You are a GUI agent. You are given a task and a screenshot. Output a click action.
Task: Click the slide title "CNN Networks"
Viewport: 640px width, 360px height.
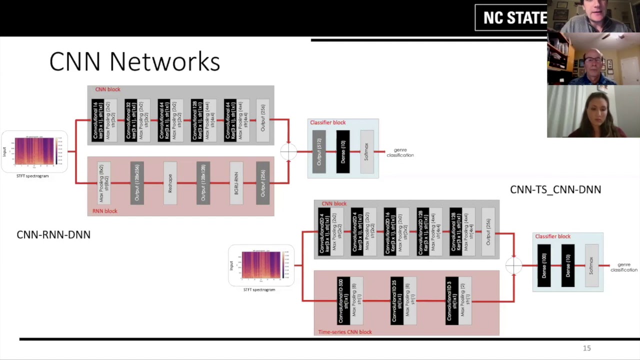pyautogui.click(x=134, y=62)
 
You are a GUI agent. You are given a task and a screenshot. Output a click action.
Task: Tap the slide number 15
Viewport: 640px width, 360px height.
pyautogui.click(x=586, y=348)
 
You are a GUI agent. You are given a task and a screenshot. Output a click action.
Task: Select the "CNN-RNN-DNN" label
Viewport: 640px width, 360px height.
pyautogui.click(x=53, y=234)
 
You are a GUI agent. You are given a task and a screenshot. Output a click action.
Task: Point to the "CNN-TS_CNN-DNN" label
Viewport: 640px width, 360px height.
pyautogui.click(x=555, y=189)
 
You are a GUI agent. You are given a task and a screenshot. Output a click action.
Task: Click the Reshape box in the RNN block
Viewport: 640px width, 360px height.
pyautogui.click(x=170, y=183)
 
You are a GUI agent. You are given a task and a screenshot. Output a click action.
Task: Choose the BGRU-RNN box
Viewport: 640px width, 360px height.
pyautogui.click(x=236, y=183)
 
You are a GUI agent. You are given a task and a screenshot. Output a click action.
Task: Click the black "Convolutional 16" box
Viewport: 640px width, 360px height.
pyautogui.click(x=97, y=120)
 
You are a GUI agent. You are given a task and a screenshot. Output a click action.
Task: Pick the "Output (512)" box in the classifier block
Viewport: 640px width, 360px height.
pyautogui.click(x=319, y=151)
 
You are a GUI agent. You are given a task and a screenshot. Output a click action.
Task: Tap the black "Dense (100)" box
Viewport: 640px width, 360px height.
pyautogui.click(x=544, y=265)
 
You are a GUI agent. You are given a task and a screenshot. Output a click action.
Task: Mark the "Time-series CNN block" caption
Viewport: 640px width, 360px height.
pyautogui.click(x=345, y=332)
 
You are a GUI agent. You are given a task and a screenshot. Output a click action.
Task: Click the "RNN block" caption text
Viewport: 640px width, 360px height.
pyautogui.click(x=104, y=211)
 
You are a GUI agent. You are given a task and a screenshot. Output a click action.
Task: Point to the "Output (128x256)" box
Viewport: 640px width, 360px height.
pyautogui.click(x=137, y=183)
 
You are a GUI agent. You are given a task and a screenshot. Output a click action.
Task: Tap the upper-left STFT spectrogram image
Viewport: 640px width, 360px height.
pyautogui.click(x=34, y=151)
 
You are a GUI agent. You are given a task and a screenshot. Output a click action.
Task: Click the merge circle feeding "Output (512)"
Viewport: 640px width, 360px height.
pyautogui.click(x=288, y=151)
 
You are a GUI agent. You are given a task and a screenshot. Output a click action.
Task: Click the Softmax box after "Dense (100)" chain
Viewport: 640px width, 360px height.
pyautogui.click(x=591, y=265)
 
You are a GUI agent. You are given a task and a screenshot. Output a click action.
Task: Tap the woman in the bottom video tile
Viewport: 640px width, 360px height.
pyautogui.click(x=593, y=112)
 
